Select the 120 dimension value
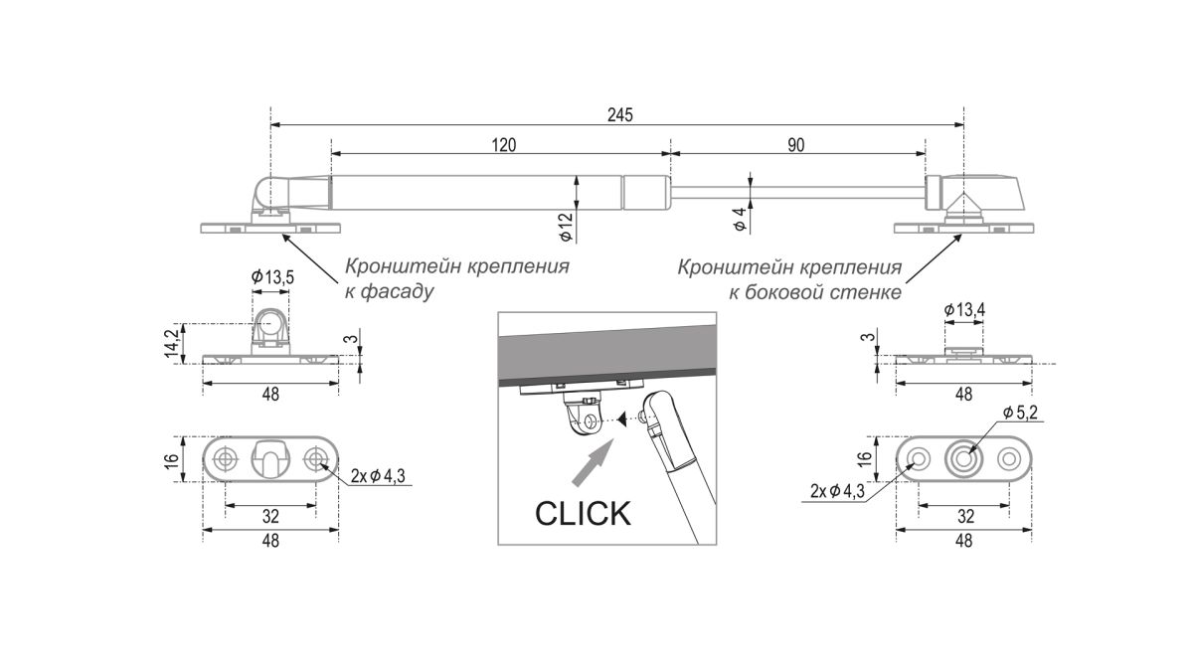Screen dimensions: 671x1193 [x=503, y=145]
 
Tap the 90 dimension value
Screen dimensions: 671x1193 [x=795, y=145]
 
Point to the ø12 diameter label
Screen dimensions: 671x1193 [x=564, y=229]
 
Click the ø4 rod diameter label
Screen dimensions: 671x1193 [x=739, y=221]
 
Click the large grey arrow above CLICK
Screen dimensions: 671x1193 [x=596, y=464]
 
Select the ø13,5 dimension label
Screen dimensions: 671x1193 [x=271, y=277]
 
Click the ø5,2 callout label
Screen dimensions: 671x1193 [x=1021, y=413]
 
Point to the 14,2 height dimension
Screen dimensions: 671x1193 [x=173, y=342]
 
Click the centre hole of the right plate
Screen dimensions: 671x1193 [x=963, y=459]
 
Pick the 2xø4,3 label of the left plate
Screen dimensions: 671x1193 [x=379, y=476]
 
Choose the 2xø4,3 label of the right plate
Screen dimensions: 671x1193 [x=836, y=490]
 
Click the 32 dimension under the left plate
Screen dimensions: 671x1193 [x=270, y=516]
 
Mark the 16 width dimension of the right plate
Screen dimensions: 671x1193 [x=865, y=459]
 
